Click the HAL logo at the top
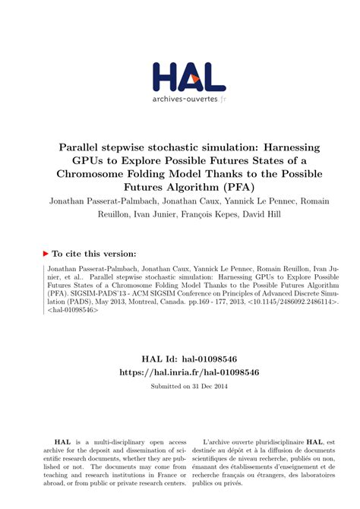179,76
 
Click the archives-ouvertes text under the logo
179,100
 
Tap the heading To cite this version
93,254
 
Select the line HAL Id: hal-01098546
180,359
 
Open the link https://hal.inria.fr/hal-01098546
180,373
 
